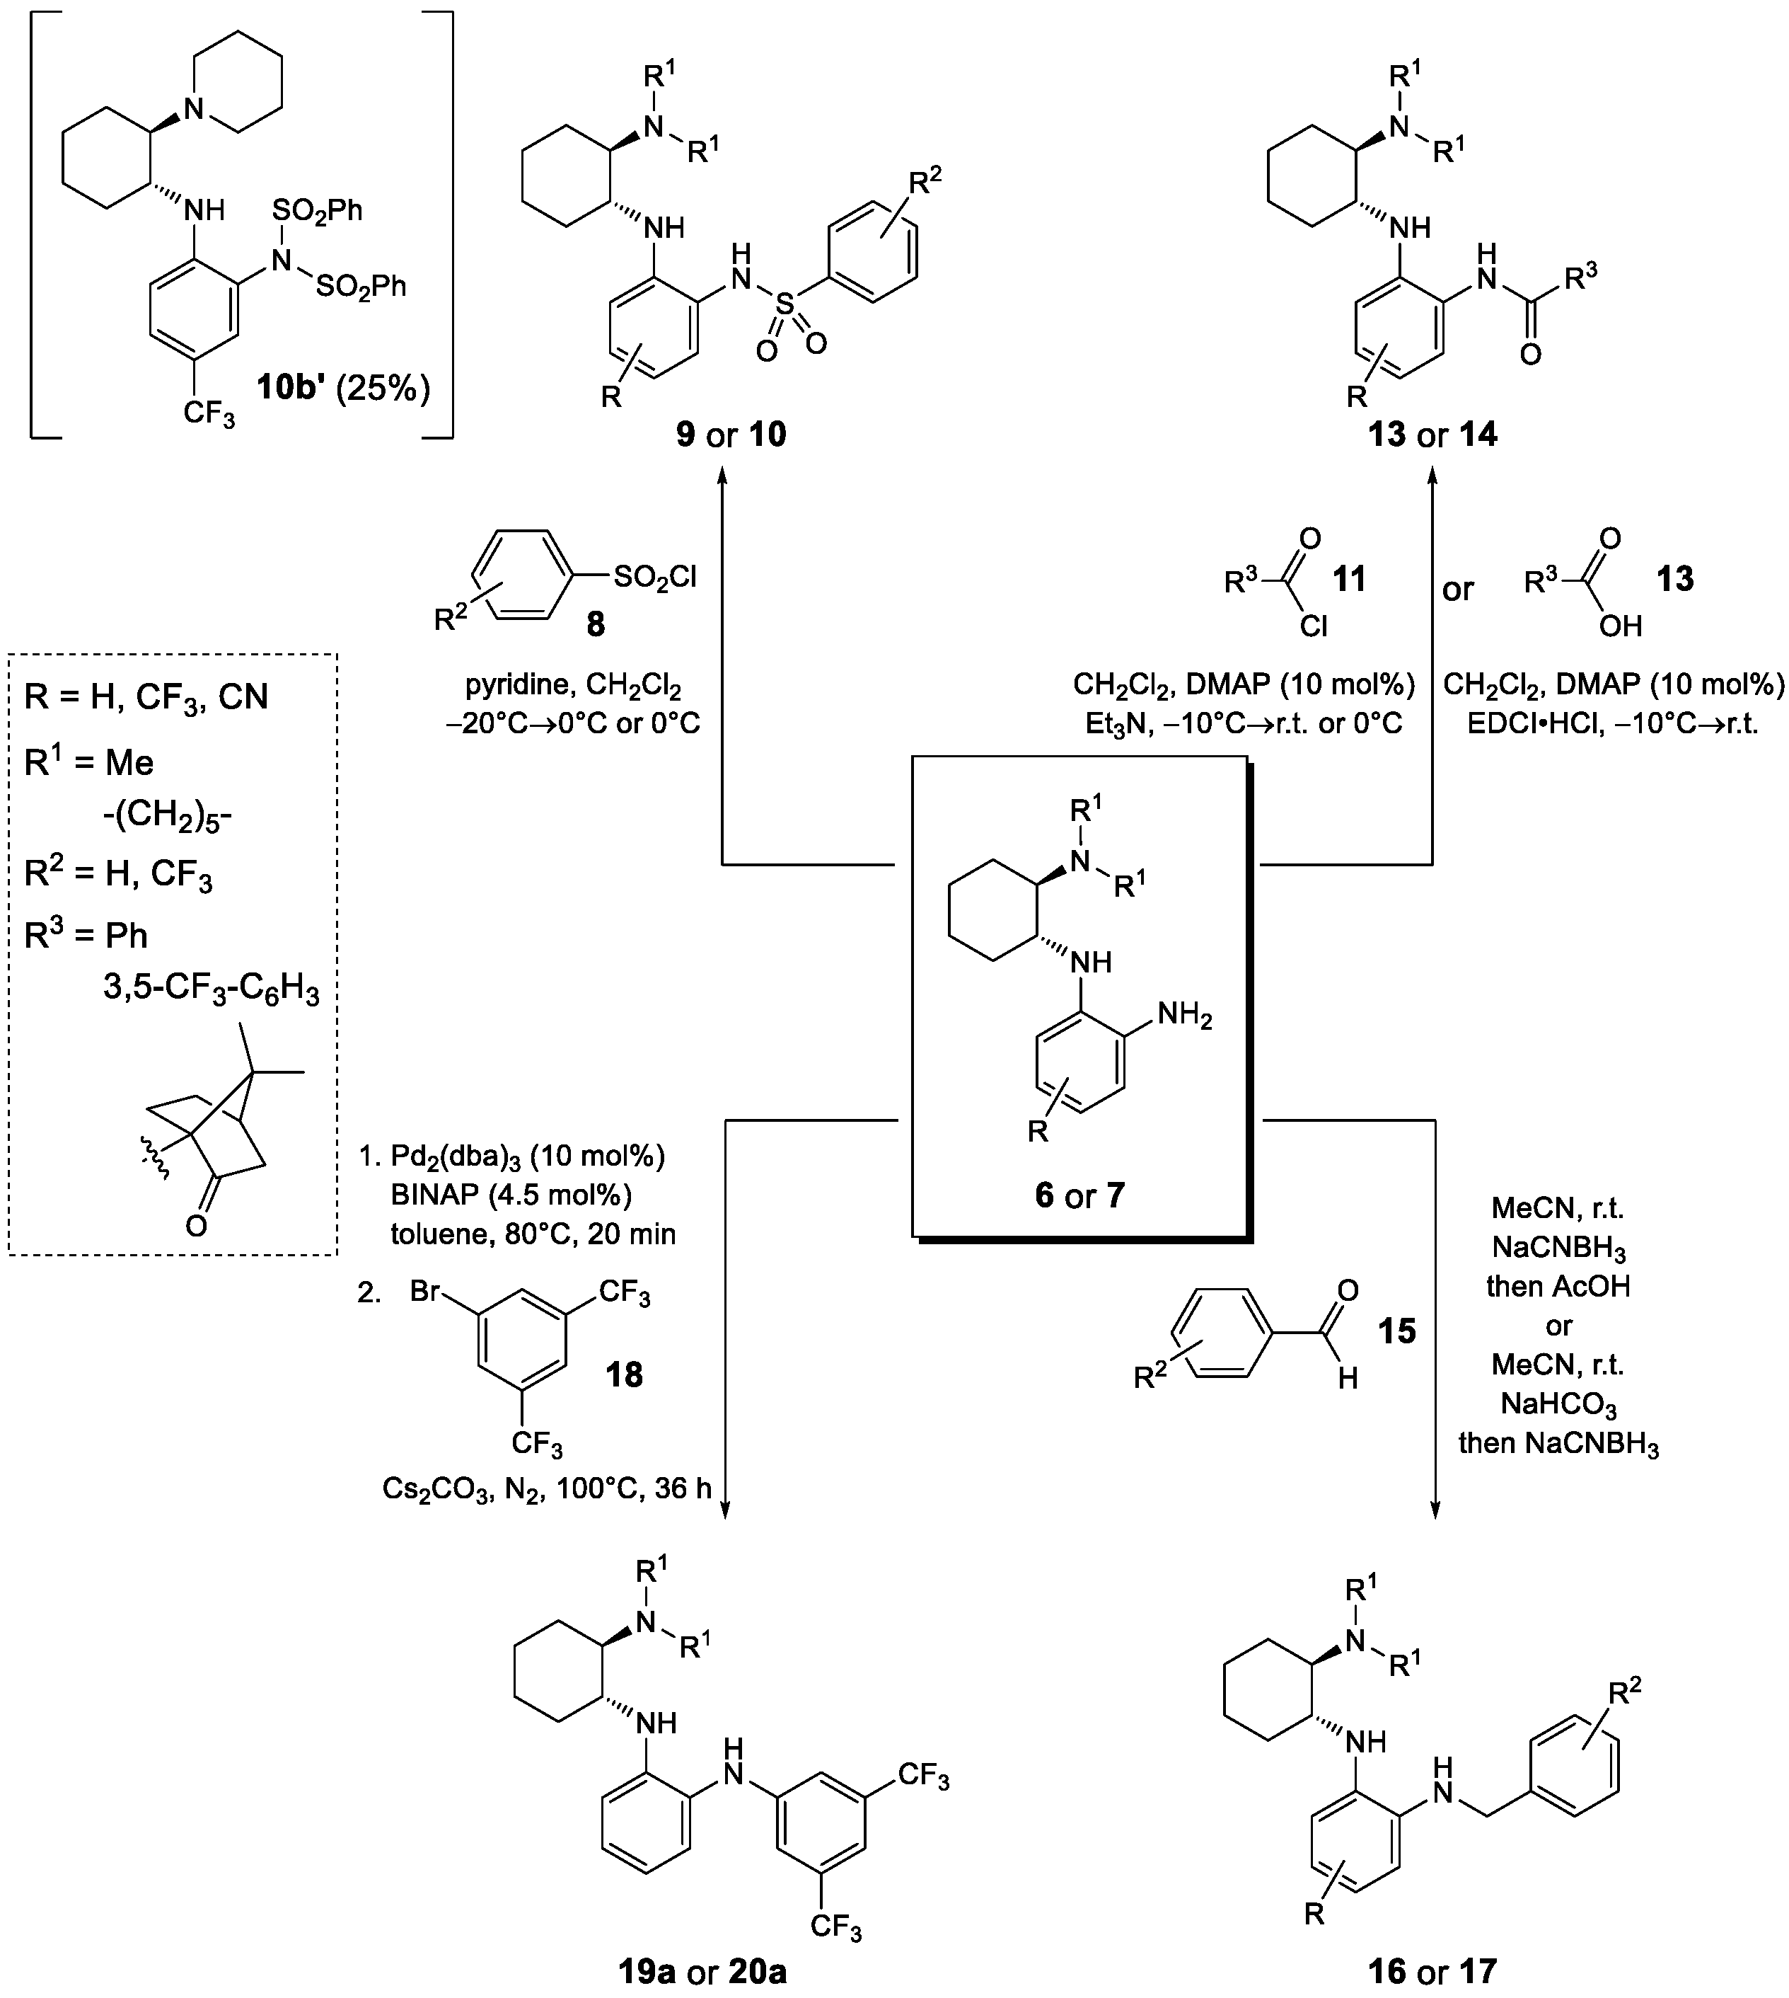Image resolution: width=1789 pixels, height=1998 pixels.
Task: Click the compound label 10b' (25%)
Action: coord(343,389)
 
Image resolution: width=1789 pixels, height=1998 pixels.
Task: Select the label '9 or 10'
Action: coord(731,434)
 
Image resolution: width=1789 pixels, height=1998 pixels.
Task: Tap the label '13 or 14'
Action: coord(1432,434)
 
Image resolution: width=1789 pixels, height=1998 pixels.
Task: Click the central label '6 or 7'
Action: coord(1079,1195)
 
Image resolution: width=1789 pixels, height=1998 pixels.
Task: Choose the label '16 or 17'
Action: coord(1432,1970)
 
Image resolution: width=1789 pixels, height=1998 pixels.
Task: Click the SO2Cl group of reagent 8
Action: coord(654,576)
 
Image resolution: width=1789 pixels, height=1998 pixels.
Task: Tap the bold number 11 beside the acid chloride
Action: coord(1348,579)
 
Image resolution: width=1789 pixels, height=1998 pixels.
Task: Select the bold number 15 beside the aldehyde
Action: coord(1397,1331)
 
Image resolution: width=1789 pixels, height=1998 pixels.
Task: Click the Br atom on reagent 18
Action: coord(424,1291)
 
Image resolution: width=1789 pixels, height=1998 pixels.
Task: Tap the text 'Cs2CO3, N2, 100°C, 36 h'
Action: coord(547,1488)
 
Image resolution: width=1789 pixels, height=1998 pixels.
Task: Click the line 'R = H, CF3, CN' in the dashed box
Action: coord(146,697)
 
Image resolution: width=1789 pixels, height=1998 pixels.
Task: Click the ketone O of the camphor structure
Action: coord(196,1225)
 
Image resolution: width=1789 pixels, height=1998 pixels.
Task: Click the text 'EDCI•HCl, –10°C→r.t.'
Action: coord(1612,724)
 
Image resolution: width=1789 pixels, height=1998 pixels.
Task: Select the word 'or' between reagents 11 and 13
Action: coord(1458,588)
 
